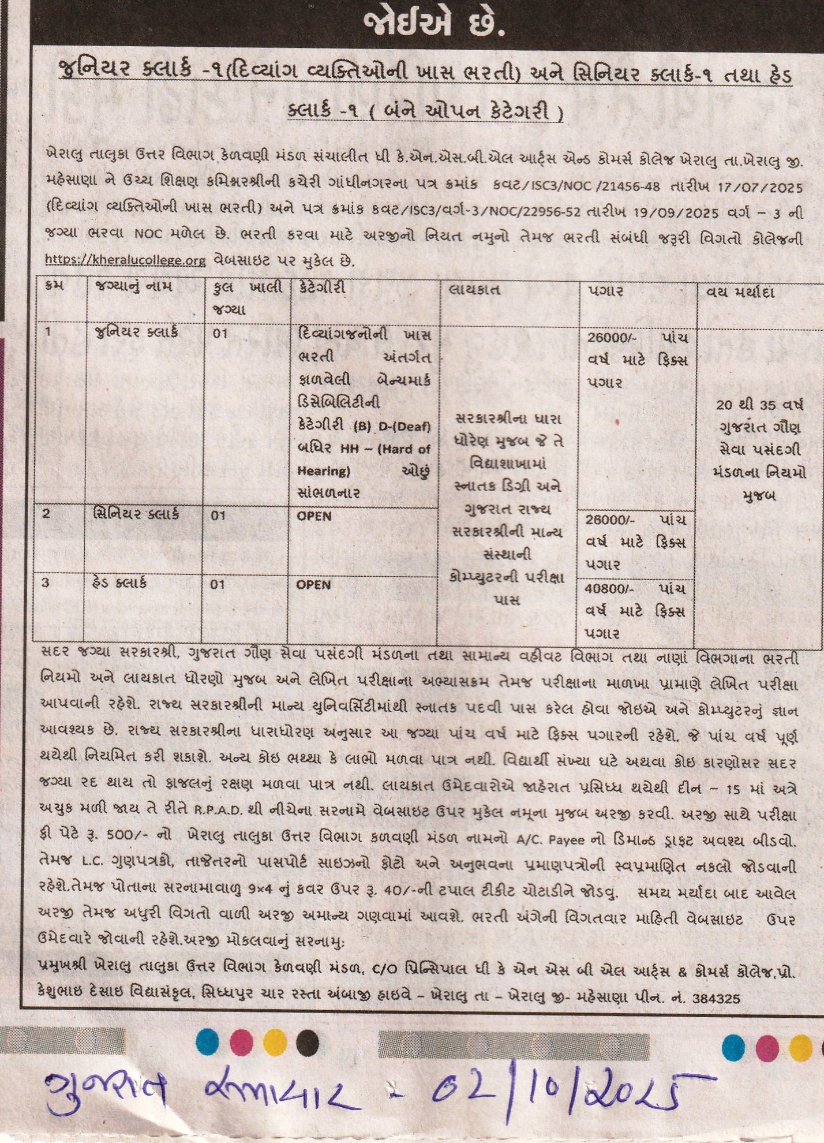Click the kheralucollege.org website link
pos(125,260)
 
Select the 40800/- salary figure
pos(610,589)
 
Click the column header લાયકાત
pos(474,290)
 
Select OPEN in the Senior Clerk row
pos(314,516)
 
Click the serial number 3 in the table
pos(46,583)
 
